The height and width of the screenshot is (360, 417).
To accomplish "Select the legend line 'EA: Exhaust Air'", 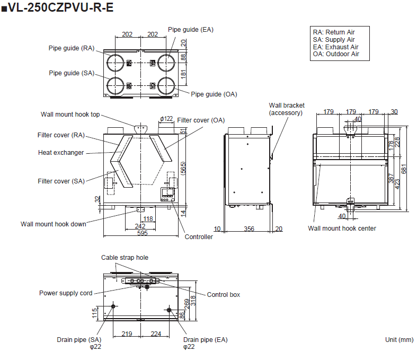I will point(335,47).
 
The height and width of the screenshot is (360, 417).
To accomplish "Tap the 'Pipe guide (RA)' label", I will point(72,48).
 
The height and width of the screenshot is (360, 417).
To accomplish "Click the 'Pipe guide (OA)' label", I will point(214,94).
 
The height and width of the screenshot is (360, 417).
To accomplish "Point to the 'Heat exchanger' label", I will point(61,153).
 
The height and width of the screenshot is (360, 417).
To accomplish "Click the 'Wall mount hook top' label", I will point(70,115).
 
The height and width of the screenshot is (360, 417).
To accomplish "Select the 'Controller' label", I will point(198,237).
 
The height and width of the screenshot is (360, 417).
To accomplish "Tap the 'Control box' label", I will point(223,294).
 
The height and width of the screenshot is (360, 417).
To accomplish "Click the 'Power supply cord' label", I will point(66,293).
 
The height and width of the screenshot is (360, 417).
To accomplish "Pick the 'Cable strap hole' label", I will point(125,258).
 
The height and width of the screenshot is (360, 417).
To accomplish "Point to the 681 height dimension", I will point(404,169).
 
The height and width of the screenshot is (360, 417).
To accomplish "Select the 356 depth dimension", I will point(249,229).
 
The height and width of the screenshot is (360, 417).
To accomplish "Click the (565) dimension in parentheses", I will point(183,169).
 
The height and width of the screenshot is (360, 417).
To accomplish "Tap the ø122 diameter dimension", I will point(166,119).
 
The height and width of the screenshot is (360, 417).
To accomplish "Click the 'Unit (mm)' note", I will point(399,339).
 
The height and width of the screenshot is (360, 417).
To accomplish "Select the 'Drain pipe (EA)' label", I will point(205,339).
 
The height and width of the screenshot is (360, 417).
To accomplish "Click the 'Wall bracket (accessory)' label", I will point(286,109).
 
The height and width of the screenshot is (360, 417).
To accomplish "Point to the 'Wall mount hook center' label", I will point(342,229).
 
